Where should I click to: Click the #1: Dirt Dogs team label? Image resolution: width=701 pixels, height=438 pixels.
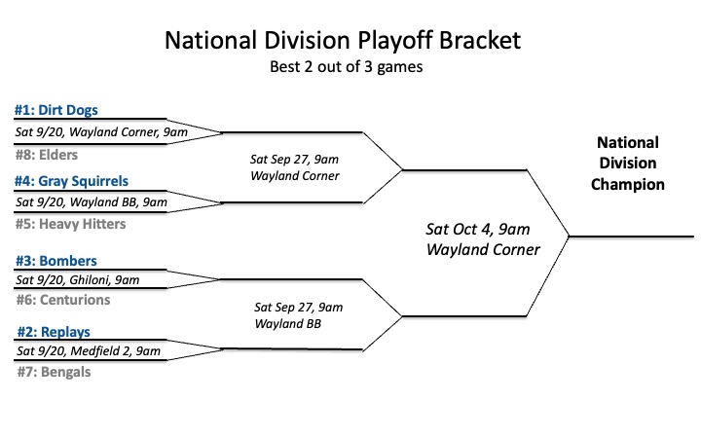[55, 110]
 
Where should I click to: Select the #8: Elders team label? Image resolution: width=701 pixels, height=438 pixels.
[47, 155]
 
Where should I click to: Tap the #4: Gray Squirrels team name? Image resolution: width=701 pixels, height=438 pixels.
[71, 181]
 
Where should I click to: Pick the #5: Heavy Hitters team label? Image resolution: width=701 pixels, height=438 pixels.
[71, 224]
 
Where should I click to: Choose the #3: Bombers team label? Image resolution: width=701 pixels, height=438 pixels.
[56, 261]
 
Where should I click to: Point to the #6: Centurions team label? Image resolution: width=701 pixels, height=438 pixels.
[63, 300]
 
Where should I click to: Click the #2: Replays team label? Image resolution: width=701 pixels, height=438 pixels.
[54, 332]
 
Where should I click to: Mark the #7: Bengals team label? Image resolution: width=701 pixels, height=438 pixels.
[55, 372]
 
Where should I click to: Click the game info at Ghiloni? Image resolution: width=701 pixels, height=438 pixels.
[78, 279]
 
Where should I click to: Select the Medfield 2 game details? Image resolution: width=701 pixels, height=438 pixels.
[89, 350]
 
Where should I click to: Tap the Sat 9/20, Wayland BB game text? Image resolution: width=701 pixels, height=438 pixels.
[92, 202]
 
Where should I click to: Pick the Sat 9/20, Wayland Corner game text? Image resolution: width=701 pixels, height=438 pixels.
[101, 131]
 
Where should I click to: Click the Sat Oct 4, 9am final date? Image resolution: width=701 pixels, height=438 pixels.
[478, 230]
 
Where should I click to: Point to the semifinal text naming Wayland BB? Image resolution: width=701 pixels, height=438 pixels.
[299, 315]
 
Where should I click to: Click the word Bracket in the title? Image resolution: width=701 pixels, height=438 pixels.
[480, 40]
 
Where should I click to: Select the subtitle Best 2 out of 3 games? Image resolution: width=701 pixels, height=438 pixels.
[346, 66]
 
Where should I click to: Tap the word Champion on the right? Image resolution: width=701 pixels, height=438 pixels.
[628, 184]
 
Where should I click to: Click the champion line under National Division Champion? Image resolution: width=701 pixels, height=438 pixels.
[631, 237]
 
